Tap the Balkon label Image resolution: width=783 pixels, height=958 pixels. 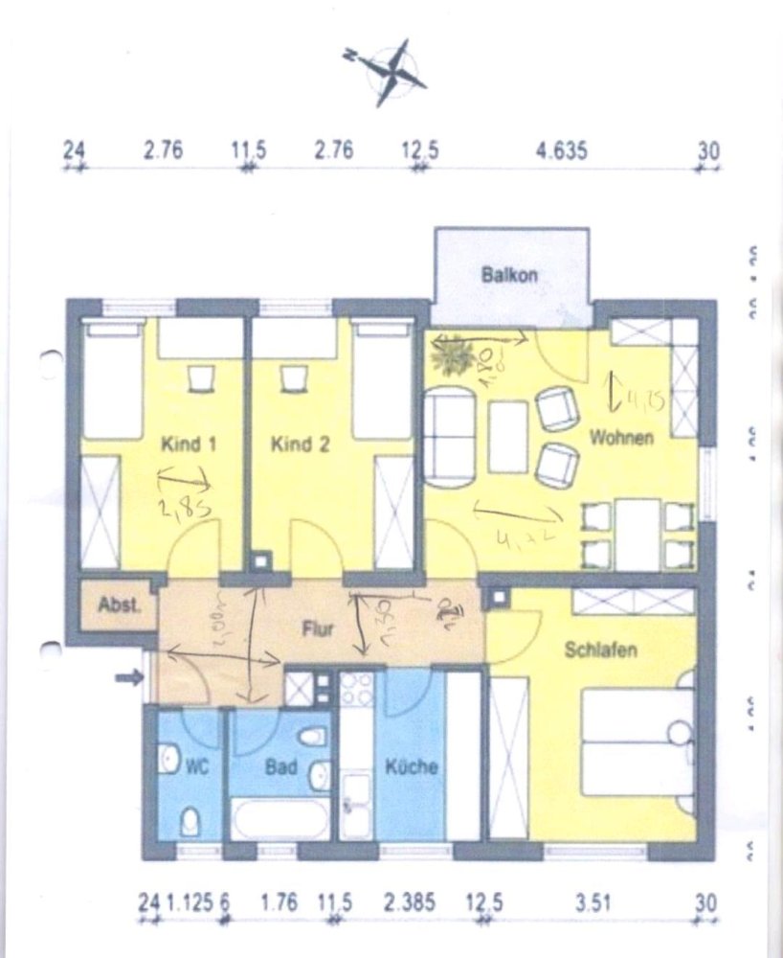tap(509, 274)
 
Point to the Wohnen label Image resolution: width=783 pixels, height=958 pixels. tap(622, 438)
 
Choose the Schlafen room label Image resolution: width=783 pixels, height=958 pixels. tap(601, 649)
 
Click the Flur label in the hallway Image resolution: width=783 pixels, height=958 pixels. tap(316, 630)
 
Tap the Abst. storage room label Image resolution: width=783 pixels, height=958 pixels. tap(119, 605)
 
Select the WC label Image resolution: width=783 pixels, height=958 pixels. tap(197, 767)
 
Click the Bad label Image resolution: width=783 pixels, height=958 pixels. tap(281, 767)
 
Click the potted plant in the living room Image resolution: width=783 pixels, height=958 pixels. tap(451, 355)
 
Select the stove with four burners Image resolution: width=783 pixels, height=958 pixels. tap(361, 689)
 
